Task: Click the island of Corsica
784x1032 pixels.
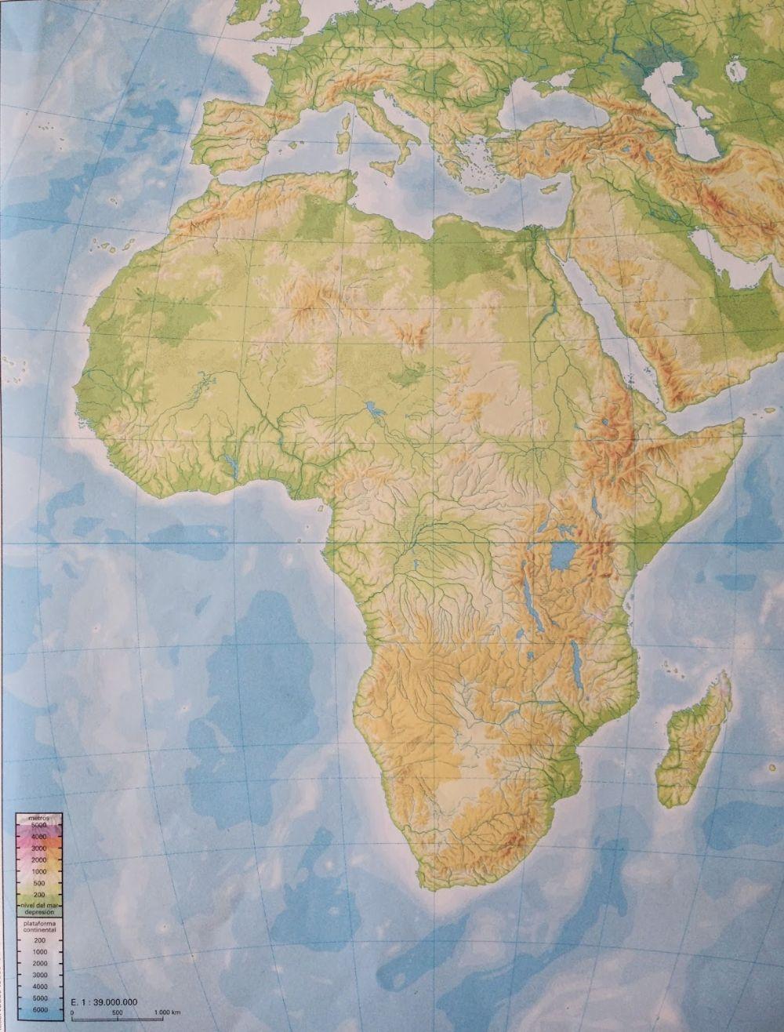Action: [345, 117]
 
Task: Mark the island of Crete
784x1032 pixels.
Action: [477, 188]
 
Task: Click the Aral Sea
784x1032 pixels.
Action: [736, 71]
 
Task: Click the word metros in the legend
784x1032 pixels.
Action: [38, 817]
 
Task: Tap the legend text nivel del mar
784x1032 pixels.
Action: [38, 906]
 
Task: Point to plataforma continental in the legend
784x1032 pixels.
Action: [38, 928]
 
